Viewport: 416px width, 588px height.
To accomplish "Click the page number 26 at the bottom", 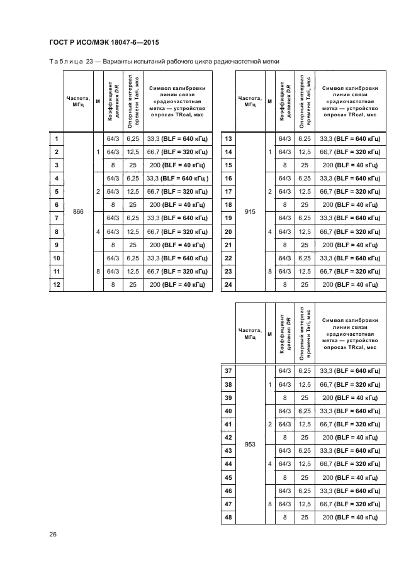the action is [53, 534].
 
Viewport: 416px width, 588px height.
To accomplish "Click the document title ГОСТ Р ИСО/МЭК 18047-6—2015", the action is [104, 42].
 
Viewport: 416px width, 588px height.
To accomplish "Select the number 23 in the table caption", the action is [89, 62].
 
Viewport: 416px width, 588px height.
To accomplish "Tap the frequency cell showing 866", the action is [78, 212].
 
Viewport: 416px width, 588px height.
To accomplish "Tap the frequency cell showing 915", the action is [250, 212].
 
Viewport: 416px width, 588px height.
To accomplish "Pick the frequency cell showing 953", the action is [250, 445].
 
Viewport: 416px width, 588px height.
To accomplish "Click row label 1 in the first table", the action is [57, 139].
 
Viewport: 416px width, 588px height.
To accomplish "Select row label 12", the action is [57, 285].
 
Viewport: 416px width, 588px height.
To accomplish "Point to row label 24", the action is [228, 285].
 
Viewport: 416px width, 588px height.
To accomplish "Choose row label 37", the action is [228, 371].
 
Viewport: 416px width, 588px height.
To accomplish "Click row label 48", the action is [228, 518].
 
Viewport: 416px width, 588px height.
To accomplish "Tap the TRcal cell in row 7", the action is [177, 218].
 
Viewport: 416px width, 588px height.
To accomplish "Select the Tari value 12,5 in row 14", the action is [305, 152].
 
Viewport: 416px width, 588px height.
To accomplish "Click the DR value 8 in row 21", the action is [284, 245].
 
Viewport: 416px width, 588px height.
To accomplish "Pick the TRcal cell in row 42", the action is [350, 438].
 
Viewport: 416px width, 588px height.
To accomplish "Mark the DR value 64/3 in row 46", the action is [284, 491].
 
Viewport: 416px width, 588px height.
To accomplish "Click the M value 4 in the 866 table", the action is [98, 232].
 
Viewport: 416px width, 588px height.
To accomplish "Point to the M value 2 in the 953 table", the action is [270, 424].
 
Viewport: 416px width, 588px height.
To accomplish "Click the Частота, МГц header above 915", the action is [250, 101].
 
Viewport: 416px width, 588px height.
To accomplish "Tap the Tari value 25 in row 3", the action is [133, 165].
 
